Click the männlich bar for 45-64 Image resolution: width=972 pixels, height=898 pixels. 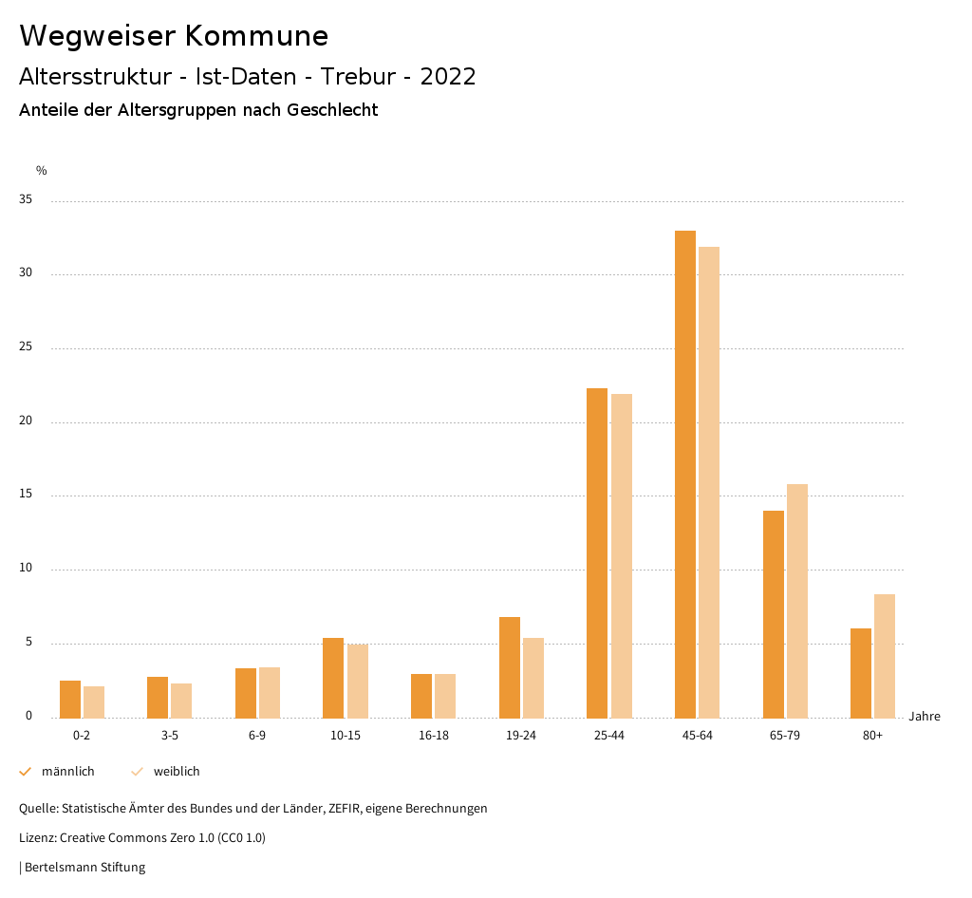[684, 474]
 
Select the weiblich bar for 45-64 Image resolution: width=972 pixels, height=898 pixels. [709, 481]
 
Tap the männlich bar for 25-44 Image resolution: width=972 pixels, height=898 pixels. [597, 552]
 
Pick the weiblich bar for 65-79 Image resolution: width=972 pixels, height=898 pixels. [797, 601]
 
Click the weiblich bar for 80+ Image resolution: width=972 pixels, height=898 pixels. [885, 655]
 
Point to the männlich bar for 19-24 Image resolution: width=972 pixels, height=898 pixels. [510, 666]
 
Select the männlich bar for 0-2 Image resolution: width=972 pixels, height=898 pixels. [70, 699]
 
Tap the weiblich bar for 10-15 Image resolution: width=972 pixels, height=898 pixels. [357, 681]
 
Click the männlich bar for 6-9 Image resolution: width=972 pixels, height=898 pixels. [246, 693]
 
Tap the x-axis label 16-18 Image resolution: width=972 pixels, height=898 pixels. [434, 736]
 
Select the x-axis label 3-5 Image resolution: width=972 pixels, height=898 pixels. [170, 736]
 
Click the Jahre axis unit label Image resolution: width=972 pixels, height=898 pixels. [924, 717]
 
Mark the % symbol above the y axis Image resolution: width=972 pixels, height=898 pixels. [42, 171]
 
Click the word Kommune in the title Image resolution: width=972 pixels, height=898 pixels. [256, 36]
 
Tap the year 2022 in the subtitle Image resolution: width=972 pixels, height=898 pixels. [448, 77]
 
